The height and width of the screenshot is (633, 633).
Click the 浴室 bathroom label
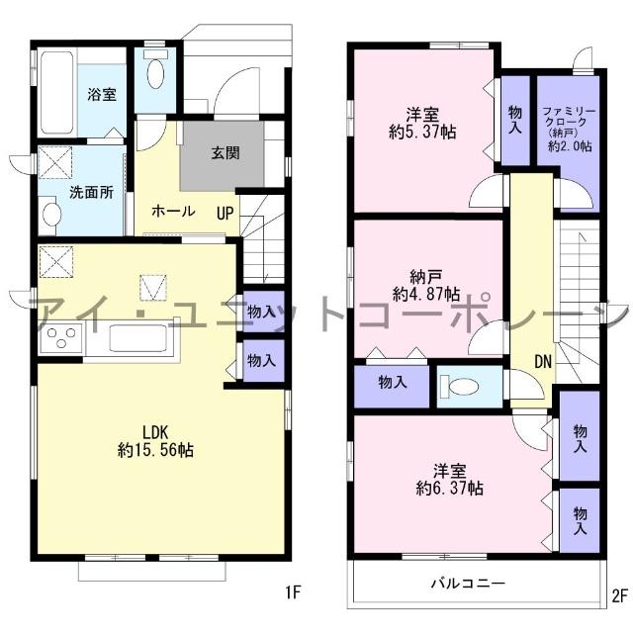(102, 95)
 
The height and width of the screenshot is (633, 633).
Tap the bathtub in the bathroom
(56, 92)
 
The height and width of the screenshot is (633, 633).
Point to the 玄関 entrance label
(226, 152)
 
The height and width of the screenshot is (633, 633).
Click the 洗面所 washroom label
(91, 192)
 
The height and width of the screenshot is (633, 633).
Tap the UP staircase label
(225, 214)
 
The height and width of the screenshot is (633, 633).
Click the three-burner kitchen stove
(61, 338)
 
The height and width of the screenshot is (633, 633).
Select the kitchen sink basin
(137, 338)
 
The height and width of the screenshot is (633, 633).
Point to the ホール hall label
(173, 211)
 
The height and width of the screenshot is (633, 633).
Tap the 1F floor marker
(293, 592)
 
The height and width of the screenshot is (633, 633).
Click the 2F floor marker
(620, 595)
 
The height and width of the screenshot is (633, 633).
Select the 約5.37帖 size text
(422, 132)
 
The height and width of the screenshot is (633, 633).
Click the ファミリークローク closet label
(569, 117)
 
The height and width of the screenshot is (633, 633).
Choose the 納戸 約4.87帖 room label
(425, 286)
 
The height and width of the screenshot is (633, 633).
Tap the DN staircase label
(543, 362)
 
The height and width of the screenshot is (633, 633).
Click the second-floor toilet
(459, 387)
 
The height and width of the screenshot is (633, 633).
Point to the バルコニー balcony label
(468, 584)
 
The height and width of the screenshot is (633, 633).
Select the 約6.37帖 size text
(449, 489)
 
